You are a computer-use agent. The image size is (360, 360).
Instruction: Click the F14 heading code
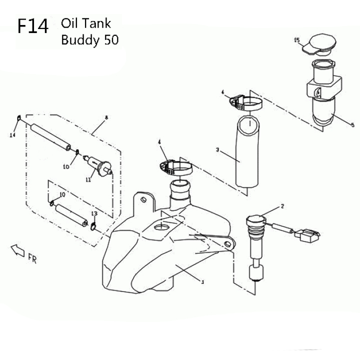[x=33, y=26]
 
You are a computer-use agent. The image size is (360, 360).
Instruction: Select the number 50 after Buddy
[x=111, y=39]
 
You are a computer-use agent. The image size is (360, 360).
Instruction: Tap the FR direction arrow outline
[x=17, y=250]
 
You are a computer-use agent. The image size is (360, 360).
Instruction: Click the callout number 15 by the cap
[x=297, y=40]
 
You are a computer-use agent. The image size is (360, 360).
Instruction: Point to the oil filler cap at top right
[x=319, y=44]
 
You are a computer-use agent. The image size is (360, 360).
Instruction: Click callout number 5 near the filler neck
[x=352, y=125]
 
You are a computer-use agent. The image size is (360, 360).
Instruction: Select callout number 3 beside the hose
[x=217, y=150]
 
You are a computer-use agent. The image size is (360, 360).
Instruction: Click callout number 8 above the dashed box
[x=106, y=118]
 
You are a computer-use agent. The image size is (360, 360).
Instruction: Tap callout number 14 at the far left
[x=12, y=135]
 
